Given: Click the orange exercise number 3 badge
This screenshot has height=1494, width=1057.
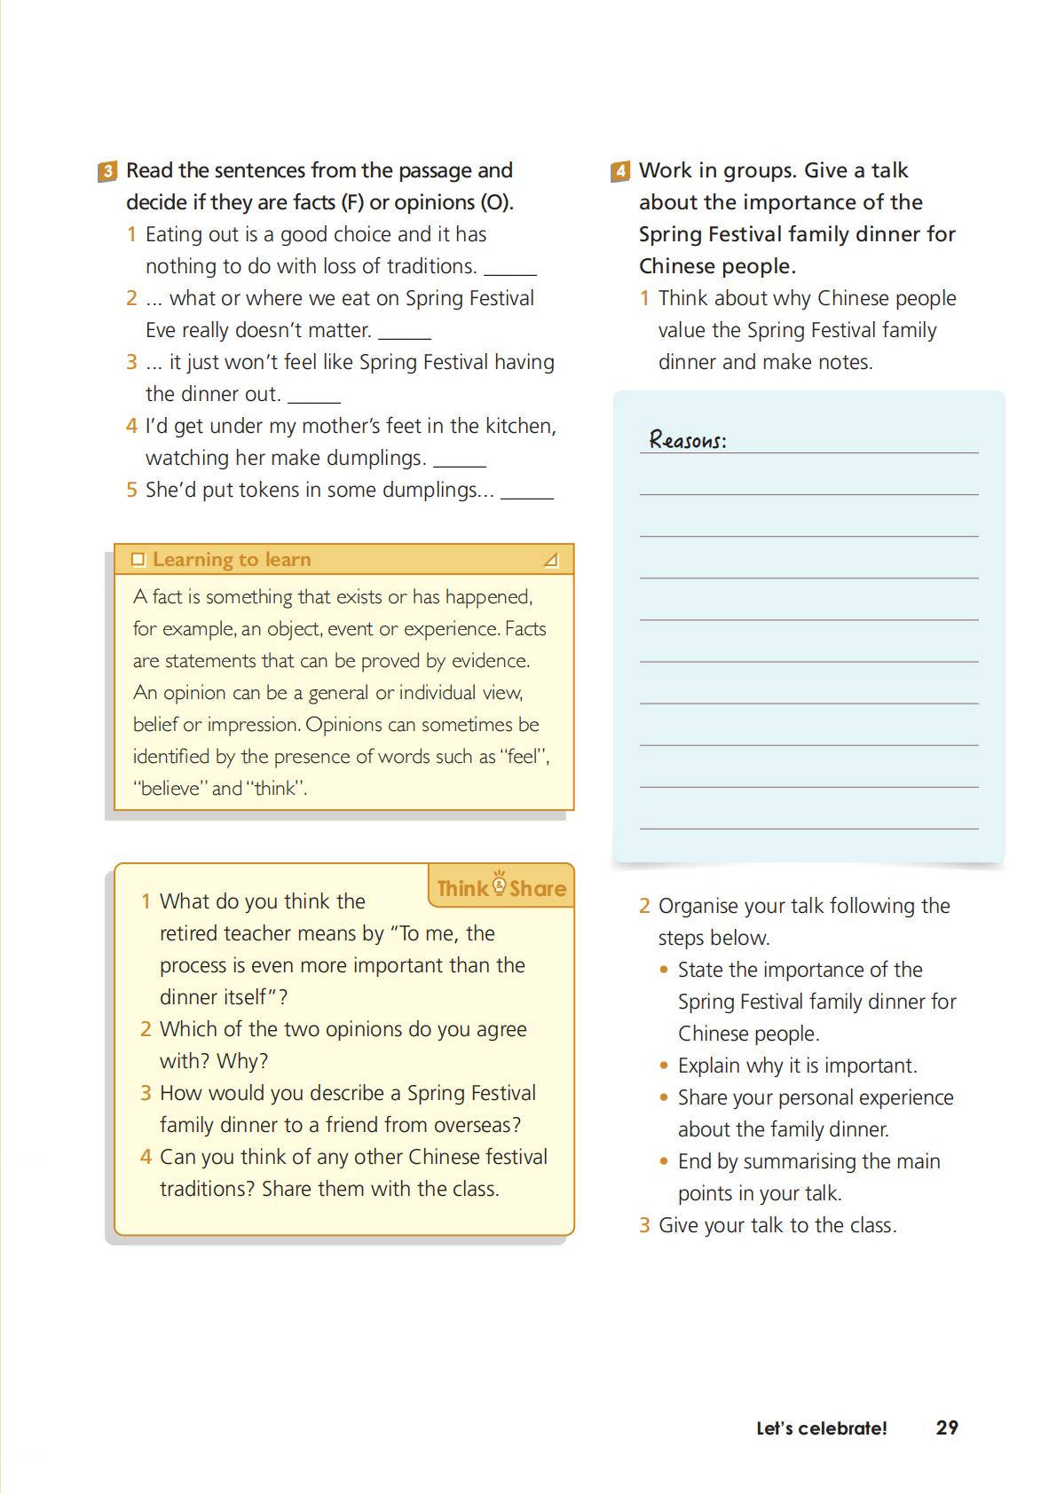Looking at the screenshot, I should coord(106,171).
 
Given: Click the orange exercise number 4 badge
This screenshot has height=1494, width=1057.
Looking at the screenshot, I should coord(620,171).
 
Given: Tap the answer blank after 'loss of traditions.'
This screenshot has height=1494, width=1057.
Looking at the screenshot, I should coord(510,271).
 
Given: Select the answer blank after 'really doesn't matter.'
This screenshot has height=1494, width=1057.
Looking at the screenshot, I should coord(405,334).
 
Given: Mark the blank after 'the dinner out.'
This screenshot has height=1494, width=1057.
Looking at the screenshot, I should coord(314,398).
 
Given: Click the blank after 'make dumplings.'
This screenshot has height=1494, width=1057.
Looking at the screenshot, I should coord(460,462).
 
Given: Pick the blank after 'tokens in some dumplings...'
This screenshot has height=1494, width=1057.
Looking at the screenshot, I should coord(527,494).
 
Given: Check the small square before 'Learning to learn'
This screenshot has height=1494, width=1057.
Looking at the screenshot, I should coord(138,560).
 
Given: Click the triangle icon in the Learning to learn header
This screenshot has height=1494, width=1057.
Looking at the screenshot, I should coord(551,560).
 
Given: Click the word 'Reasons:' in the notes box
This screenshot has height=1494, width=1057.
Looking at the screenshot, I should coord(688,440).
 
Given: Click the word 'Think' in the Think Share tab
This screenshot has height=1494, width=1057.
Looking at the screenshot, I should coord(462,889).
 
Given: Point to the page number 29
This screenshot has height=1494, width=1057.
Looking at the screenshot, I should coord(947,1427).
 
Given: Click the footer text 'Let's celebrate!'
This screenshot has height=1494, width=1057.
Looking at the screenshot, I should coord(821,1428).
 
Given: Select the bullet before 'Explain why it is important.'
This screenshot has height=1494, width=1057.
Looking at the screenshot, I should coord(664,1065).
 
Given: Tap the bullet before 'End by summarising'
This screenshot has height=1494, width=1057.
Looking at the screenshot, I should coord(664,1161).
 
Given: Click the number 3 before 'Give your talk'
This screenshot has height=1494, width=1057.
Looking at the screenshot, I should coord(644,1225).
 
